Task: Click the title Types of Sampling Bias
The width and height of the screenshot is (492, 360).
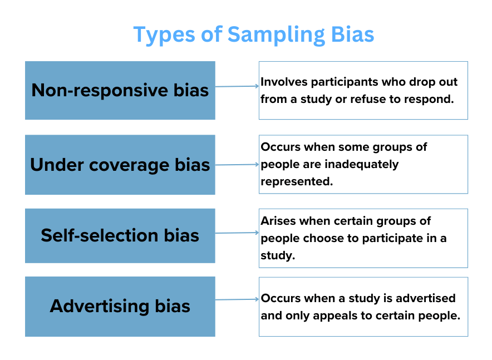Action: [x=253, y=34]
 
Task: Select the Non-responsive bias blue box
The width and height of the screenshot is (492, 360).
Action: [x=120, y=90]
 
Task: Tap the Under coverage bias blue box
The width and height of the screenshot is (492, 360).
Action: [x=120, y=165]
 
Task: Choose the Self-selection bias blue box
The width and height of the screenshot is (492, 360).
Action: [x=120, y=235]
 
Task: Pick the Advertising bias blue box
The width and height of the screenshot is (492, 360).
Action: [x=120, y=306]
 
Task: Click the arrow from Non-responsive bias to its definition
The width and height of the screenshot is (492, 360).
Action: [x=237, y=86]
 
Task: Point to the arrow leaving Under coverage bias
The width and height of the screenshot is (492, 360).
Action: [x=237, y=165]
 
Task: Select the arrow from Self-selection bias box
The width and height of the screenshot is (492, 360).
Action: [x=237, y=233]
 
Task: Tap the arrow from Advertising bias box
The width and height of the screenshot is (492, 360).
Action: [x=237, y=299]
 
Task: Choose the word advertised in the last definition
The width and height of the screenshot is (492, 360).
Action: [x=422, y=298]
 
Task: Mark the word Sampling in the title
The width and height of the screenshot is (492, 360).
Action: [x=275, y=34]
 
